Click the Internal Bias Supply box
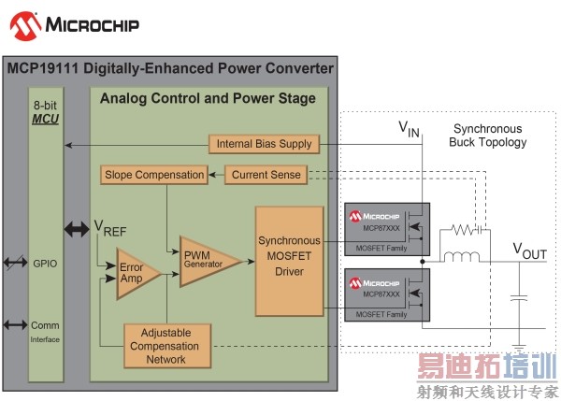click(265, 144)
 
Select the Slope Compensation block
click(153, 174)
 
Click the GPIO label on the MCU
click(44, 265)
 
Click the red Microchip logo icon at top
click(20, 22)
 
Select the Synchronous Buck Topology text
click(489, 136)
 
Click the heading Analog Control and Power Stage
click(208, 98)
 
